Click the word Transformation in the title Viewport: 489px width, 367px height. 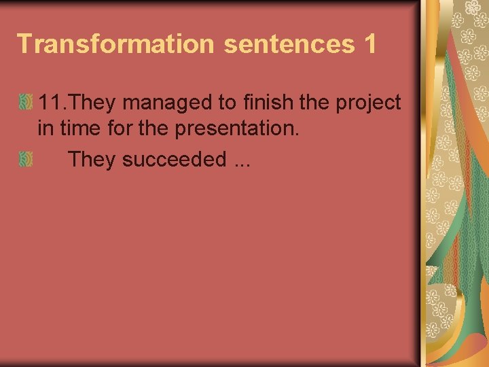(x=115, y=43)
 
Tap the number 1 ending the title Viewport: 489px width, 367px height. (x=369, y=43)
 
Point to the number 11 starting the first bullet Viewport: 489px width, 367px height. (x=52, y=103)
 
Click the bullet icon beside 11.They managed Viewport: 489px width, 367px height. (x=25, y=103)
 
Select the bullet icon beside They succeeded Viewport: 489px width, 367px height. (x=25, y=159)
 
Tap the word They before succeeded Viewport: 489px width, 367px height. (x=92, y=159)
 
